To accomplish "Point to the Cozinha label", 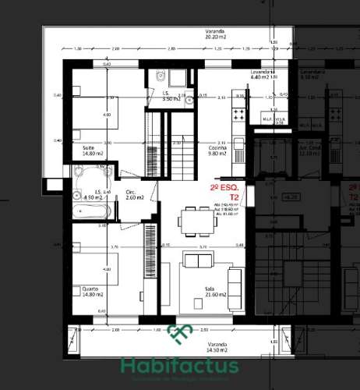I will tap(217, 150).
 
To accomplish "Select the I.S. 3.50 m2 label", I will tap(171, 97).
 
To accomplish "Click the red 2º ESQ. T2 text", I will tap(228, 193).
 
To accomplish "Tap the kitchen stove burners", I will tap(236, 114).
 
